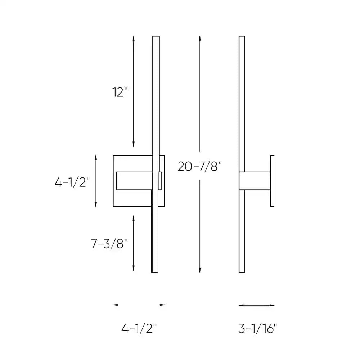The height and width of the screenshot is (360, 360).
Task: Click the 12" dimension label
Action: point(120,93)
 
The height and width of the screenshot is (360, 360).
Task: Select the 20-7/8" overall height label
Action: point(199,166)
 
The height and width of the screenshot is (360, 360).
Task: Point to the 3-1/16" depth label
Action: point(257,328)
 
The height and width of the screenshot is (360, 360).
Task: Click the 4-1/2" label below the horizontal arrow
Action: point(139,328)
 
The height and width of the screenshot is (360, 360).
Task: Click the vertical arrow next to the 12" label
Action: point(134,91)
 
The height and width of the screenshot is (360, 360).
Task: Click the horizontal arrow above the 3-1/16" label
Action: point(257,305)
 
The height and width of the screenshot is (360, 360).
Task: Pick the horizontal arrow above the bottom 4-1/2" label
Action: point(139,305)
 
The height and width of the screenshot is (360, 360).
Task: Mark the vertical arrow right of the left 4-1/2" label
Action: point(96,181)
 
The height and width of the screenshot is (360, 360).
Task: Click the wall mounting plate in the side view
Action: point(272,181)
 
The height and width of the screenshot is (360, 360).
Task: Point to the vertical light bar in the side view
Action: point(242,108)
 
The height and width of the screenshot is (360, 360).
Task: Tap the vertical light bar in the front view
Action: point(156,108)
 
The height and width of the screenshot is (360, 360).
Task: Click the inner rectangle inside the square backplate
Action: point(133,181)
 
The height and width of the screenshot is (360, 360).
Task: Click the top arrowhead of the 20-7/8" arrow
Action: point(199,38)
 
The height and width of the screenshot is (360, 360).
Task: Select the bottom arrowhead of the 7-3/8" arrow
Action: point(134,269)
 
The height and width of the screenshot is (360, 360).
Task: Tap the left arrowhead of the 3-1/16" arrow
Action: point(240,305)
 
